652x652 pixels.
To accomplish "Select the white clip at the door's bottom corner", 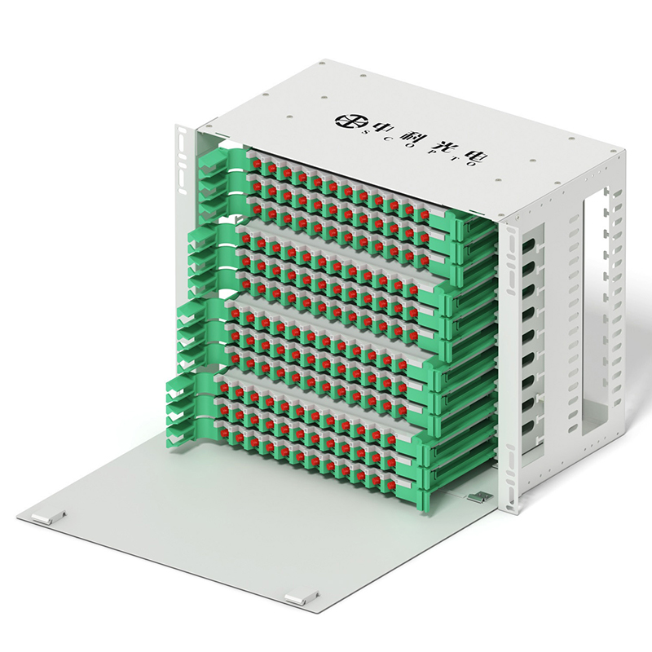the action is pos(302,597).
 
